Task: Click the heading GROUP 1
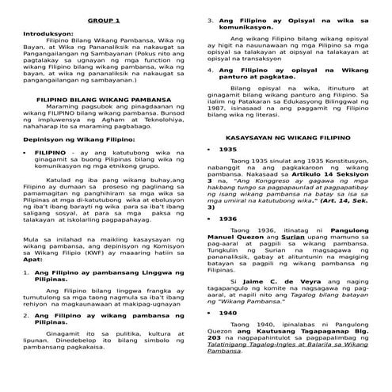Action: pos(99,20)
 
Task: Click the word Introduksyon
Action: pos(48,35)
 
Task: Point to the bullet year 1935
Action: pos(228,149)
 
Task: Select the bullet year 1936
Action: pos(228,219)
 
